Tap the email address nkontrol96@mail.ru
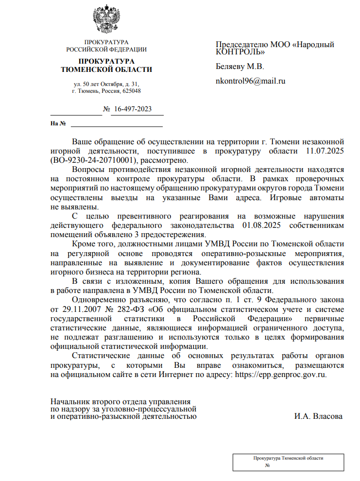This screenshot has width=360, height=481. pos(250,81)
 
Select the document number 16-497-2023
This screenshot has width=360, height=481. pos(132,109)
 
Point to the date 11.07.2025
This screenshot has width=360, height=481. pos(325,151)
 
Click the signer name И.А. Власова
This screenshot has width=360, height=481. pos(318,416)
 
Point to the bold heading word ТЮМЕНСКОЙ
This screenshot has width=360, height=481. pos(86,70)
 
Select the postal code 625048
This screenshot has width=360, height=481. pos(132,91)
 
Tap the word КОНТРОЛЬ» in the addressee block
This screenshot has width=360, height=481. pos(240,51)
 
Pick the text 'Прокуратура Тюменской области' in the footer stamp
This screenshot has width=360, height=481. pos(289,458)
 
